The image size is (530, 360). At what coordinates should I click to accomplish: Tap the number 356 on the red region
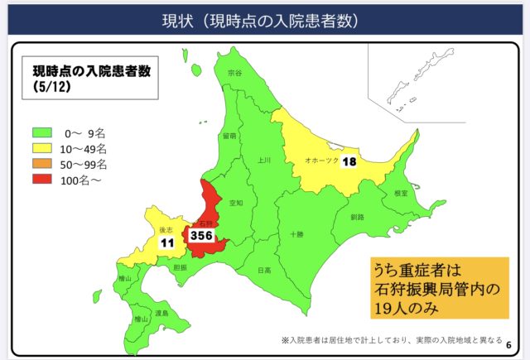202,236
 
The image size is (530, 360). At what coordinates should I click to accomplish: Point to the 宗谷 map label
235,73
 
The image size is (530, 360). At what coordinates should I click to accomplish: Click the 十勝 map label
296,234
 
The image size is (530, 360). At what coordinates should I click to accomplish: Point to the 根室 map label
401,192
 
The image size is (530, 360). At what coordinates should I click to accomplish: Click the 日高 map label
263,270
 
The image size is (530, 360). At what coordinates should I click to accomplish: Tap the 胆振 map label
181,267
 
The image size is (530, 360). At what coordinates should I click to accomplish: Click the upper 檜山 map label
125,280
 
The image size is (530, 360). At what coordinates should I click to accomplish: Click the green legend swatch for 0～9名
41,132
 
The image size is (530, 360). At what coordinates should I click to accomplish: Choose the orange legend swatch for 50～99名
41,164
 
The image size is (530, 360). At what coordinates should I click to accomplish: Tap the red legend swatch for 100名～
41,180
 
